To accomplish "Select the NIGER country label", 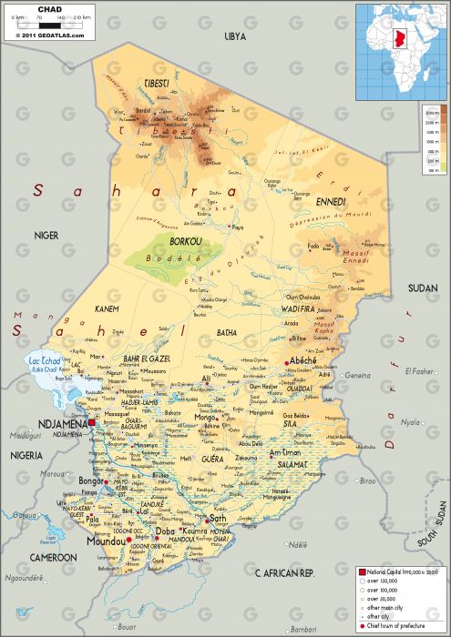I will coord(46,235).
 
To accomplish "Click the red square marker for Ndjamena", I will coord(91,422).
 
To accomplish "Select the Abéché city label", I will coord(302,360).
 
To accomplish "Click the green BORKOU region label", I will coord(185,241).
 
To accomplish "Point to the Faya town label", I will coord(238,227).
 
